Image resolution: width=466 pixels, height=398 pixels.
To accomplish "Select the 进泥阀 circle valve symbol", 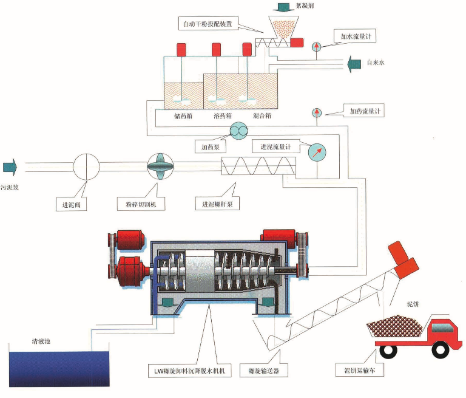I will pos(86,166).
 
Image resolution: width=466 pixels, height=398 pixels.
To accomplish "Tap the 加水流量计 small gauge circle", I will pos(317,47).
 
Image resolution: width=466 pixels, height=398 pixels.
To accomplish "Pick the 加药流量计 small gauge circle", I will pos(317,113).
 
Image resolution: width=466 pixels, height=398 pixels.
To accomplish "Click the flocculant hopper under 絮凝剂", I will pos(281,27).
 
